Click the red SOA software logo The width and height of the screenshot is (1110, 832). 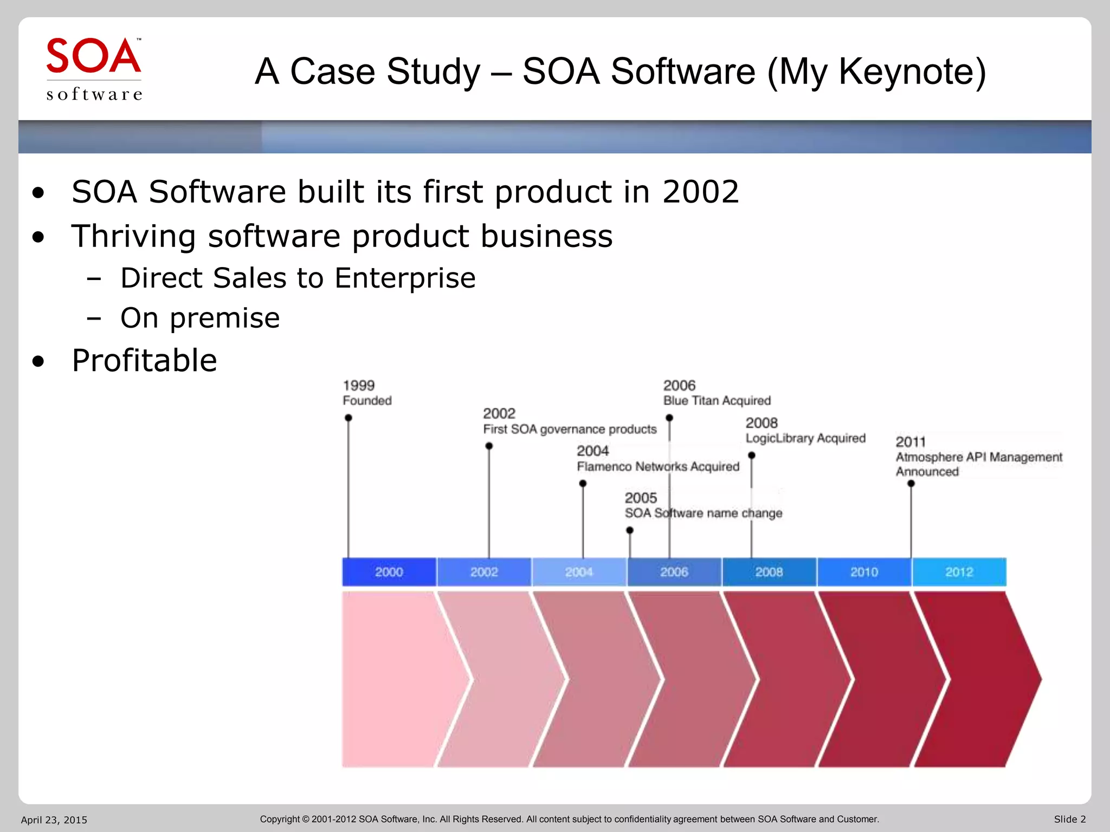[x=94, y=69]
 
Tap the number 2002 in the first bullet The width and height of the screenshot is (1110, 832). [x=700, y=192]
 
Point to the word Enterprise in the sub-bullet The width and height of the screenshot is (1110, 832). [x=405, y=278]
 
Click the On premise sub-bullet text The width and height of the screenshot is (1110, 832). [x=200, y=318]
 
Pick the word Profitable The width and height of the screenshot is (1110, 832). [x=144, y=361]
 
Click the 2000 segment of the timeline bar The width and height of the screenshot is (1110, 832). [x=389, y=572]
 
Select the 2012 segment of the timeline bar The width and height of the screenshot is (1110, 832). [x=959, y=572]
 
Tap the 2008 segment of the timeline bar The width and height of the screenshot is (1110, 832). [x=769, y=572]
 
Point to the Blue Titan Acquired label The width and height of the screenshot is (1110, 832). [x=717, y=401]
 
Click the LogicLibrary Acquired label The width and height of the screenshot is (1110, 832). [x=805, y=438]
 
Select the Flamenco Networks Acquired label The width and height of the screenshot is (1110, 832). [x=657, y=466]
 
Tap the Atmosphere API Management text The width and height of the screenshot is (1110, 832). [x=978, y=457]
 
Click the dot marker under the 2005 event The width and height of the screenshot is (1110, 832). [x=630, y=530]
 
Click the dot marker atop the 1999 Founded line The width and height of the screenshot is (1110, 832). [x=349, y=418]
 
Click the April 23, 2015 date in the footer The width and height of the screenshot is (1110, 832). [x=54, y=820]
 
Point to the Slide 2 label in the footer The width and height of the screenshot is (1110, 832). [x=1069, y=820]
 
